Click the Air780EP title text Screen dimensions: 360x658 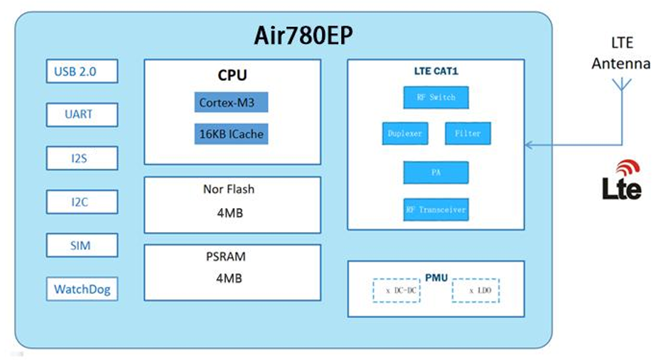pos(303,36)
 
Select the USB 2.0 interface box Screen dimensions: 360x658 pos(82,71)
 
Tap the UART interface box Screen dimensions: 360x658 pos(82,114)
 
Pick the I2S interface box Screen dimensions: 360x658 pos(82,158)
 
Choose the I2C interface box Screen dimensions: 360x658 pos(82,202)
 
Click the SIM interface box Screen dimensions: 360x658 pos(82,246)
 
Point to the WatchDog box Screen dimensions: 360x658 pos(82,290)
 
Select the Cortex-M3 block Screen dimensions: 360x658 pos(231,102)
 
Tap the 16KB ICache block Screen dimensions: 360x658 pos(231,133)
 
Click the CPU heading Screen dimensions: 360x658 pos(232,75)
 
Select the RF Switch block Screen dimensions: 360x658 pos(436,97)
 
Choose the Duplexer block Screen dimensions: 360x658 pos(405,133)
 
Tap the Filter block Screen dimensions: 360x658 pos(468,133)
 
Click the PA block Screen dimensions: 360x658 pos(436,173)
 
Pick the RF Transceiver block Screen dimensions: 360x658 pos(436,209)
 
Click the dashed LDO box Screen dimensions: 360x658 pos(475,291)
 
